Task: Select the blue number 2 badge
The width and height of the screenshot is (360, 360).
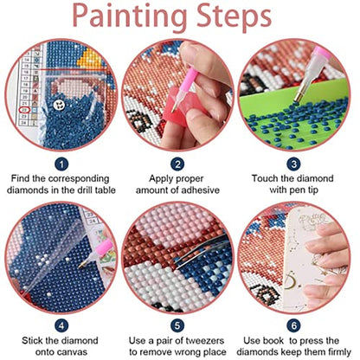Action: pos(178,161)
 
